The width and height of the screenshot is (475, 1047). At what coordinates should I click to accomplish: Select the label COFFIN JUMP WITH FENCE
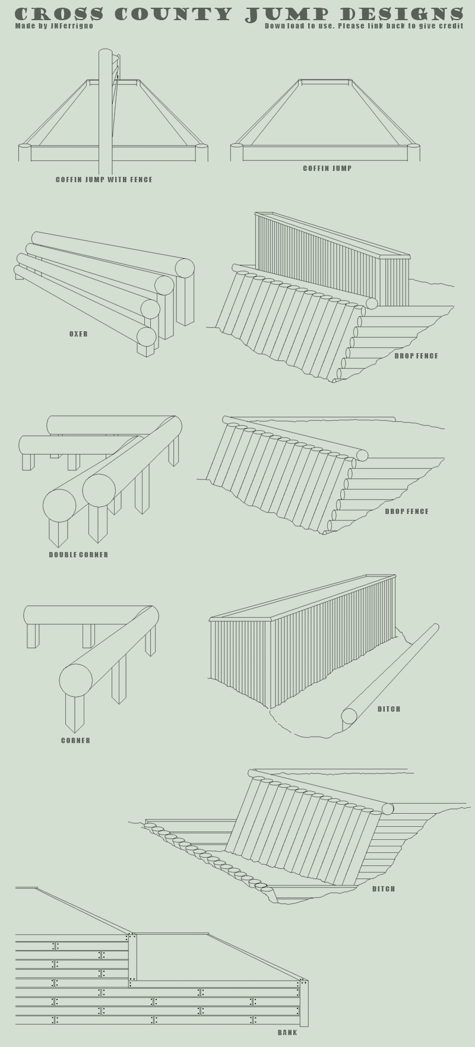pyautogui.click(x=104, y=180)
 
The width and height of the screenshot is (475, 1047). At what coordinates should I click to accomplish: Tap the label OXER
pyautogui.click(x=78, y=334)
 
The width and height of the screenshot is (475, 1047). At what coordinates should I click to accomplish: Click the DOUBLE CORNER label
pyautogui.click(x=78, y=555)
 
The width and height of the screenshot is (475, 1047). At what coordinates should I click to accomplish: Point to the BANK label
pyautogui.click(x=287, y=1032)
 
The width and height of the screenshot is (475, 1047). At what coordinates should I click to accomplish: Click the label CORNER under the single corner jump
pyautogui.click(x=75, y=741)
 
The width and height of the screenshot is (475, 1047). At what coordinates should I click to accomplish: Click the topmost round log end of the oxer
pyautogui.click(x=185, y=268)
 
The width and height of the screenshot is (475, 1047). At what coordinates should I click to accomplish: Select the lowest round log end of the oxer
pyautogui.click(x=146, y=337)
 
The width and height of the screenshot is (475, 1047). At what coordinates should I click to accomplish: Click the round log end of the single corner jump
pyautogui.click(x=76, y=680)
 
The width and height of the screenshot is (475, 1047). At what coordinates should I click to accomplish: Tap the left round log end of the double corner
pyautogui.click(x=59, y=506)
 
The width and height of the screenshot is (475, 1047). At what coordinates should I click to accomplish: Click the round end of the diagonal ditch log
pyautogui.click(x=349, y=716)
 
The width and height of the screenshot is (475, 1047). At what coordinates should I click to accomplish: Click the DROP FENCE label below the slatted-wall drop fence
pyautogui.click(x=416, y=356)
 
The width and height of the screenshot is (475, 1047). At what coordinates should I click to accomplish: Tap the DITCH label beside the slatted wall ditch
pyautogui.click(x=389, y=709)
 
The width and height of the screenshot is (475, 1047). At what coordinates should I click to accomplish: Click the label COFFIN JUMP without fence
pyautogui.click(x=327, y=169)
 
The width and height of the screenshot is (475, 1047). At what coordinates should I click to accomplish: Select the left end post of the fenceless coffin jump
pyautogui.click(x=237, y=153)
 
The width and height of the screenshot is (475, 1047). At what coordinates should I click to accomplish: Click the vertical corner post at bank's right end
pyautogui.click(x=304, y=1003)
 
